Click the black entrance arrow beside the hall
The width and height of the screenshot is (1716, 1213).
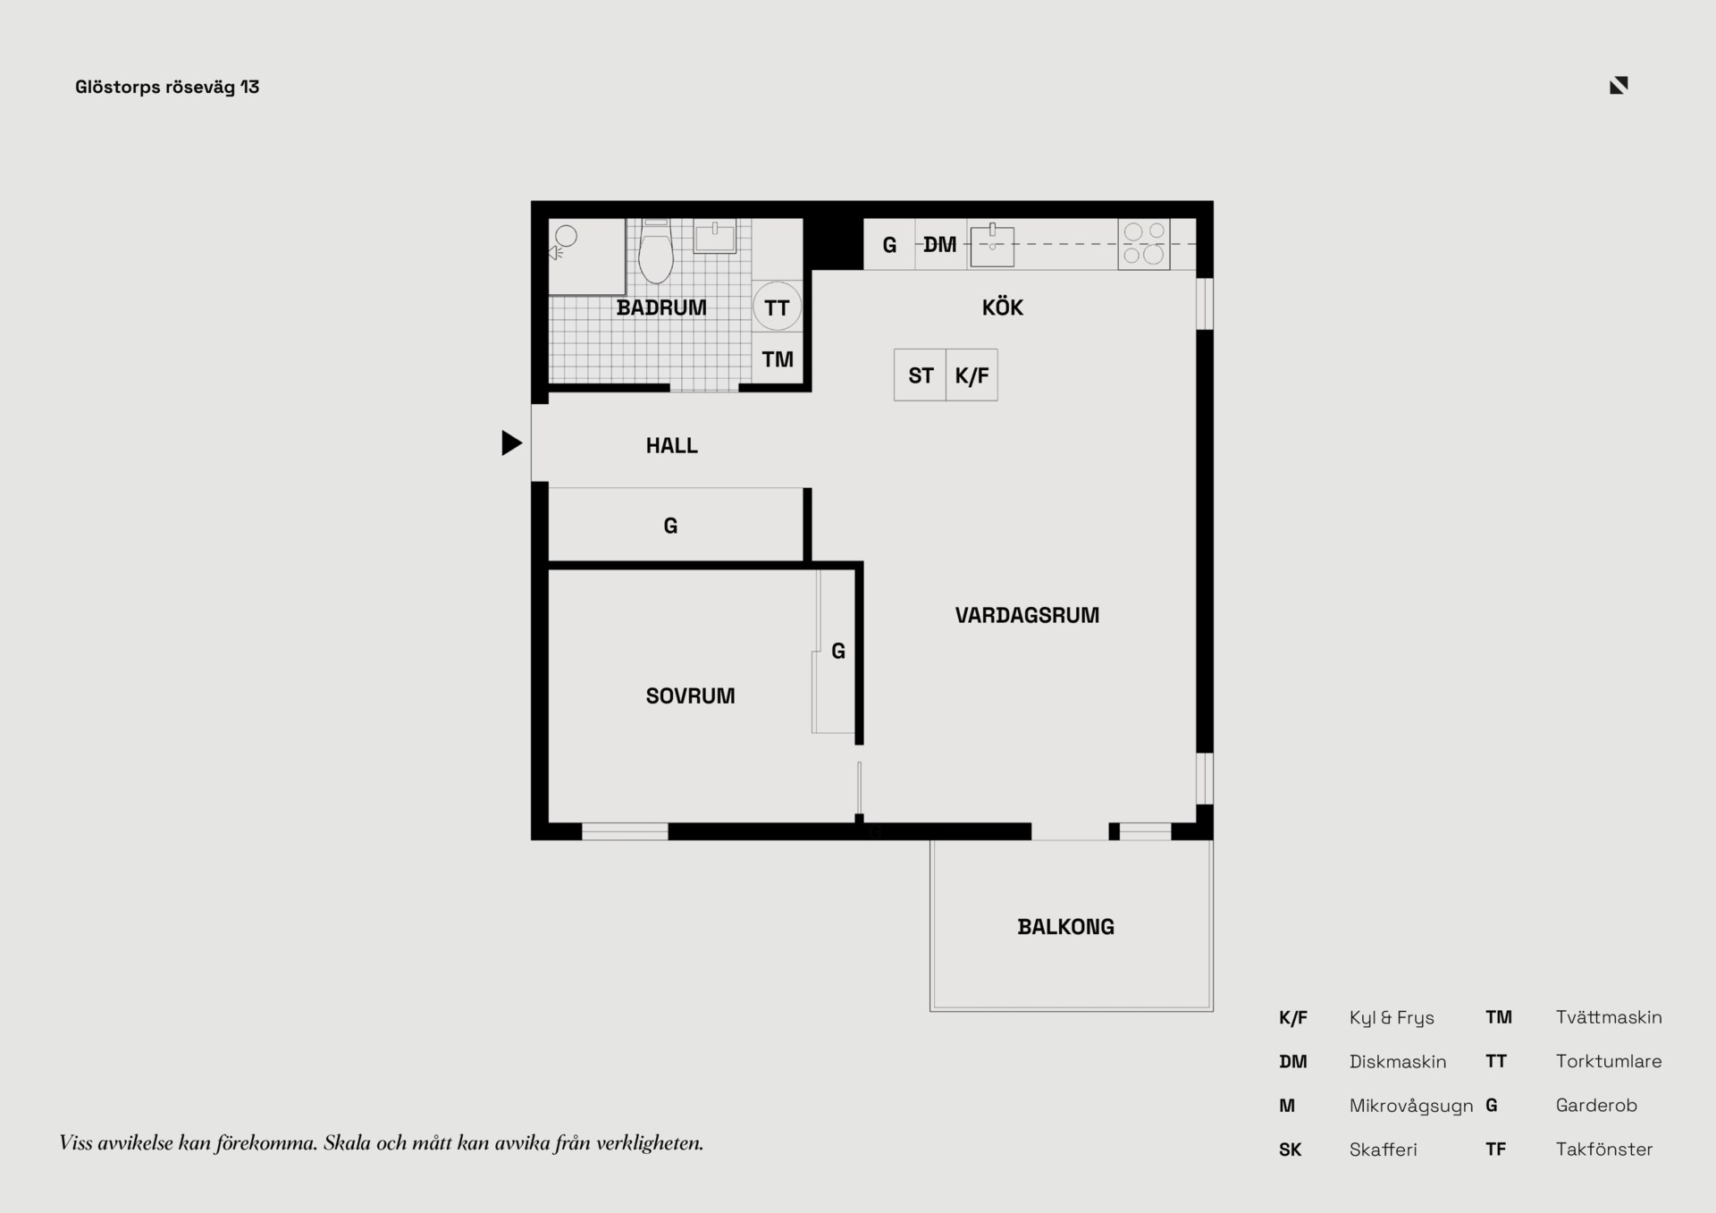coord(510,442)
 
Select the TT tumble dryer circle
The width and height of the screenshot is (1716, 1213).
coord(777,307)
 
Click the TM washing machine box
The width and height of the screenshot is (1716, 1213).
coord(777,359)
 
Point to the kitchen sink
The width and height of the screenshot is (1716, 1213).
coord(992,245)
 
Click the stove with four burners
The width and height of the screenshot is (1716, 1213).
coord(1144,243)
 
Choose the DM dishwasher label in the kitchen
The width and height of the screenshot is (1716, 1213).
coord(939,244)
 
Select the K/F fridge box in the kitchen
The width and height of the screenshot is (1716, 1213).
coord(972,375)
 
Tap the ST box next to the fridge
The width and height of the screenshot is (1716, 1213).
coord(920,375)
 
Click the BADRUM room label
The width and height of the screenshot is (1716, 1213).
coord(661,307)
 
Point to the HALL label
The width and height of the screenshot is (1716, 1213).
coord(672,445)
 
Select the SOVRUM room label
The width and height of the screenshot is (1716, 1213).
coord(690,695)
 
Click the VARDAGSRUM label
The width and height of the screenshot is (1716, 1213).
coord(1027,615)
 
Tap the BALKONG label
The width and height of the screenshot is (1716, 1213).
coord(1066,927)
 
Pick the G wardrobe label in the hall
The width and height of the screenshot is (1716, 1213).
coord(670,526)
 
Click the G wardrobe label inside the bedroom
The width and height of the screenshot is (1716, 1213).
coord(838,651)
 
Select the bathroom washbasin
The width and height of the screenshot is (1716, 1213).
coord(715,237)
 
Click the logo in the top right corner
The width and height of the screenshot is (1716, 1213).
coord(1619,85)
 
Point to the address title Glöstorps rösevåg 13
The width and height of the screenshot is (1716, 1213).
coord(167,87)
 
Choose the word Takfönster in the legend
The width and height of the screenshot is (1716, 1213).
coord(1604,1150)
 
